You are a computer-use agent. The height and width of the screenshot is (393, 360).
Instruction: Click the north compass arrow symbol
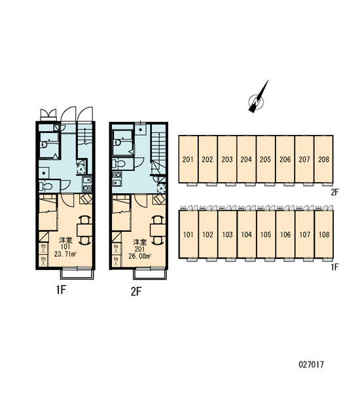pos(257,100)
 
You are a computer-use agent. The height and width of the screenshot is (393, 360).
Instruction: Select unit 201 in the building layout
pos(188,159)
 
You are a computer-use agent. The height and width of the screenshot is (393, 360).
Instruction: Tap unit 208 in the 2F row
pos(324,159)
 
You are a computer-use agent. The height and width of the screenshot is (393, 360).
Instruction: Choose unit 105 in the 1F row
pos(266,234)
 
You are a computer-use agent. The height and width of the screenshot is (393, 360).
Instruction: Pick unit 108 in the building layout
pos(324,234)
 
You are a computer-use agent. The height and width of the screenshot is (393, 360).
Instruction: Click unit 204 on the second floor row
pos(246,159)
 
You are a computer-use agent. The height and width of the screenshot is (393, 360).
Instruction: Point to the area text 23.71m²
pos(65,254)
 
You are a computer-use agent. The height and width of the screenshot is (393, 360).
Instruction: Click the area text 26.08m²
pos(139,256)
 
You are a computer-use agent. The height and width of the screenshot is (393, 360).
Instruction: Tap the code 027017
pos(311,364)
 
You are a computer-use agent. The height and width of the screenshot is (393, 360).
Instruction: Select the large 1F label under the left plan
pos(61,290)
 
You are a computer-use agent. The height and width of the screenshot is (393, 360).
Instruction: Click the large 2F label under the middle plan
pos(136,291)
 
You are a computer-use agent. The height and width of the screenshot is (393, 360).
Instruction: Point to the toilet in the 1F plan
pos(46,186)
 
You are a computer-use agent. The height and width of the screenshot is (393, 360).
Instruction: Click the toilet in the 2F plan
pos(118,164)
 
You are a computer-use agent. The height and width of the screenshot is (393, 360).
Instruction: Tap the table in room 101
pos(84,230)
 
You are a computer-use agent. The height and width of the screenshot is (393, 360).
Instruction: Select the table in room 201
pos(158,230)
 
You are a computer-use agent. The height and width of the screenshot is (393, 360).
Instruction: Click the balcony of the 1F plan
pos(77,273)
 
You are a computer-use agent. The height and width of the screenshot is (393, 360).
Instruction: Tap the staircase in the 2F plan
pos(158,153)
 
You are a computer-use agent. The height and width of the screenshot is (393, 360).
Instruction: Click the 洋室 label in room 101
pos(66,240)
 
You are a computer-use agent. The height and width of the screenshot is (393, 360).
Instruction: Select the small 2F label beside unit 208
pos(334,192)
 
